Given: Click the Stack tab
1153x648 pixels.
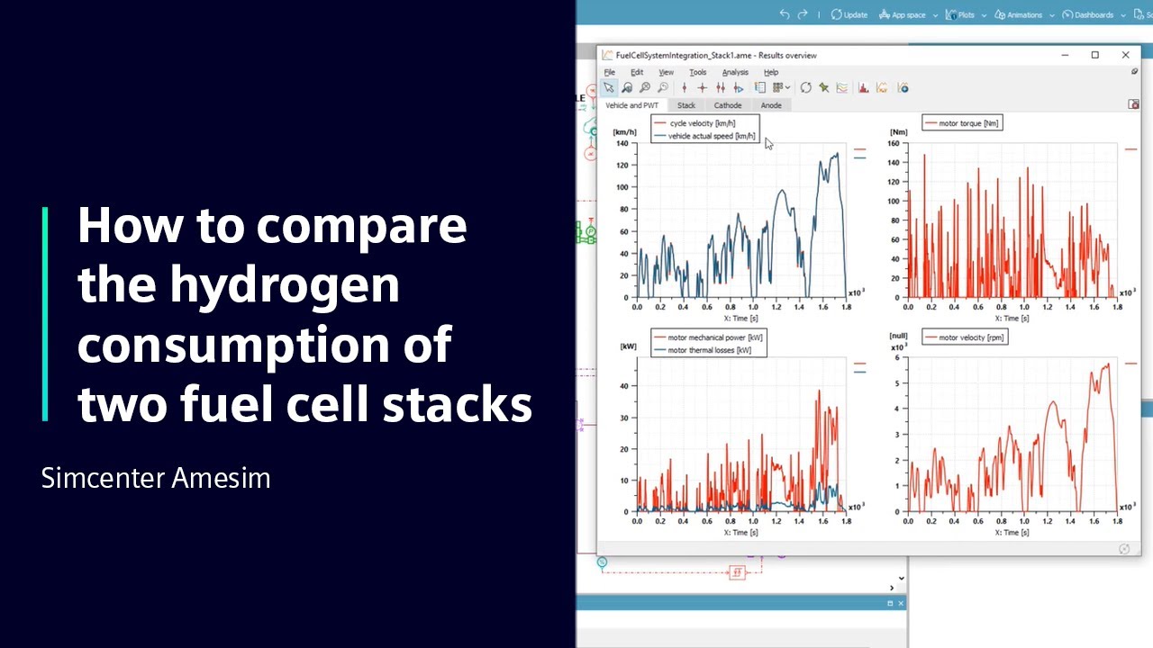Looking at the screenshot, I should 685,105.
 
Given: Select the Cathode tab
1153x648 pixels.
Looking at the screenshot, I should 728,105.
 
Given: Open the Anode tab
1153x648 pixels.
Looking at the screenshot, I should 771,105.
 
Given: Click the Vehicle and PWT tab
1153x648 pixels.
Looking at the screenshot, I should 631,105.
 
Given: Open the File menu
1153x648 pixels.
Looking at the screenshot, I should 610,72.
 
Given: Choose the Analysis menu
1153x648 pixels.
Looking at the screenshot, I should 735,72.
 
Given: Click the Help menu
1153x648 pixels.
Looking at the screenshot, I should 771,72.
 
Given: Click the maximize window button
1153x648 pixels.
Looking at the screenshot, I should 1094,55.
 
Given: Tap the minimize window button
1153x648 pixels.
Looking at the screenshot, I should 1065,55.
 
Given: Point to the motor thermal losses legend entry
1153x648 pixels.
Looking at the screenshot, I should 709,350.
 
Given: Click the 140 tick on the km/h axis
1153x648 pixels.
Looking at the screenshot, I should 622,143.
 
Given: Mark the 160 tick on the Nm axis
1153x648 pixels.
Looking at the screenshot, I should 894,143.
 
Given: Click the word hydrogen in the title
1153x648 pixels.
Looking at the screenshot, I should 284,285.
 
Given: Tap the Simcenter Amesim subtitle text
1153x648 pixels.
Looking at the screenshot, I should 156,478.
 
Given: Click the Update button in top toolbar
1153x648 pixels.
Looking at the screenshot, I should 849,14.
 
